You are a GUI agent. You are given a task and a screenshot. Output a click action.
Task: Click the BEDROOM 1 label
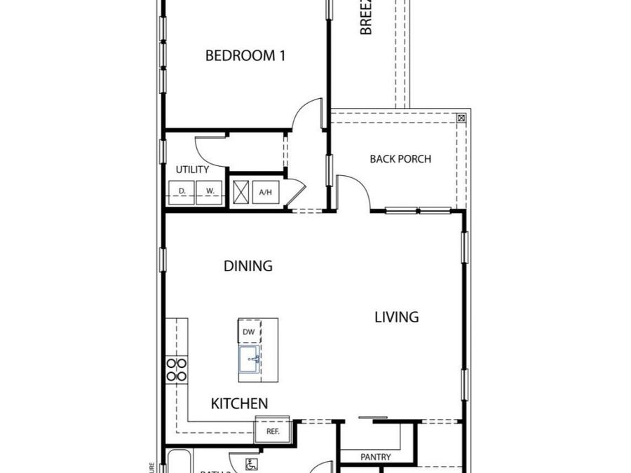(x=245, y=55)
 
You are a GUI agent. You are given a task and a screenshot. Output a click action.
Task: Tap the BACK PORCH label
(x=400, y=159)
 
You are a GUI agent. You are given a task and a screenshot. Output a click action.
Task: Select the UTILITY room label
(x=192, y=170)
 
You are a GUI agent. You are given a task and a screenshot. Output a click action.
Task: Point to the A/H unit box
(x=266, y=191)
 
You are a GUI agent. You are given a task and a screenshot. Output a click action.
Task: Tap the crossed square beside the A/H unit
(x=241, y=191)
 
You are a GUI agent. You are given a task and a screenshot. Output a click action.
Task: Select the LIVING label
(x=396, y=317)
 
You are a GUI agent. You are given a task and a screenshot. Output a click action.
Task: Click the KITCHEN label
(x=239, y=404)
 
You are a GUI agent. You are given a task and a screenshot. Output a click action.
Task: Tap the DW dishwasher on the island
(x=249, y=331)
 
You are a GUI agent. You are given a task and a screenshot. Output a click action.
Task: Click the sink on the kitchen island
(x=249, y=359)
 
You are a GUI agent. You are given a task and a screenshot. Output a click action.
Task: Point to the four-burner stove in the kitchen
(x=177, y=369)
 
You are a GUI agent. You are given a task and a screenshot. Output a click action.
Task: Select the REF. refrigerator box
(x=272, y=431)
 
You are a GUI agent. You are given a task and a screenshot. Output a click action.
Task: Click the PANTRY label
(x=376, y=458)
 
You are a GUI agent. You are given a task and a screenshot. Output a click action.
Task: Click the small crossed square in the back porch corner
(x=461, y=118)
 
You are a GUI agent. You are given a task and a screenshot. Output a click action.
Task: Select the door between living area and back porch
(x=353, y=190)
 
